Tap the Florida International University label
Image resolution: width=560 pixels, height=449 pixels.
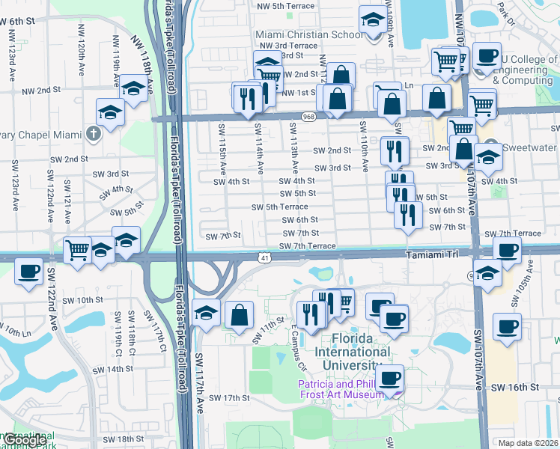click(353, 351)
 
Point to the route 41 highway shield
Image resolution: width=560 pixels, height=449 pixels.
click(265, 257)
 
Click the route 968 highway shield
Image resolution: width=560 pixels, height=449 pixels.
click(308, 117)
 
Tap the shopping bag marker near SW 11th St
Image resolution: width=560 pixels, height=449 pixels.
click(239, 314)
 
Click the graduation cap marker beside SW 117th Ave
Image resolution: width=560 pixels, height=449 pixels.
click(205, 311)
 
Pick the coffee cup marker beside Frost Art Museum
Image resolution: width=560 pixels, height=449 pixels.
click(389, 378)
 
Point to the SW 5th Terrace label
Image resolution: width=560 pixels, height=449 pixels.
click(279, 207)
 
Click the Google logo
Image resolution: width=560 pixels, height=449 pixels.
click(24, 440)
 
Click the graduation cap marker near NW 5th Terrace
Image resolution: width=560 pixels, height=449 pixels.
click(372, 19)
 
